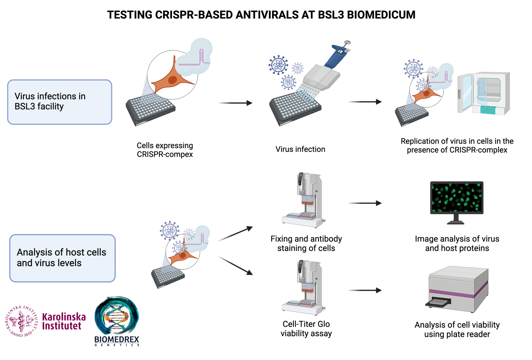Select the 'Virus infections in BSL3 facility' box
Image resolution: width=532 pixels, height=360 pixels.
60,102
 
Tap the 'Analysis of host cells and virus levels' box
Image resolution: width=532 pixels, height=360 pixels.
62,258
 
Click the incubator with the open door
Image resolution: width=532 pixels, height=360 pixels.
484,93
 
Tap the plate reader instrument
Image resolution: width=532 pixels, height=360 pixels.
458,289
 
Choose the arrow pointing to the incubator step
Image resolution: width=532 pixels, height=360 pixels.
365,102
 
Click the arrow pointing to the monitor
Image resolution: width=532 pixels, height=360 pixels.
365,203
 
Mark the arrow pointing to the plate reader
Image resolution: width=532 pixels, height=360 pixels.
365,290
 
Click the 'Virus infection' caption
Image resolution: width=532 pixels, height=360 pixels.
300,149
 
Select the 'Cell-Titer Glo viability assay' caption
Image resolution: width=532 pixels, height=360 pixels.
306,329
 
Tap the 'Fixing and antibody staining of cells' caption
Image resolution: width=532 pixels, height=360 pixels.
306,244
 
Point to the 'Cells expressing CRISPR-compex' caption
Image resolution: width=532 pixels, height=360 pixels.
165,150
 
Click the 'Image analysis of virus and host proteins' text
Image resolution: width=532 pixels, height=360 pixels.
457,244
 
